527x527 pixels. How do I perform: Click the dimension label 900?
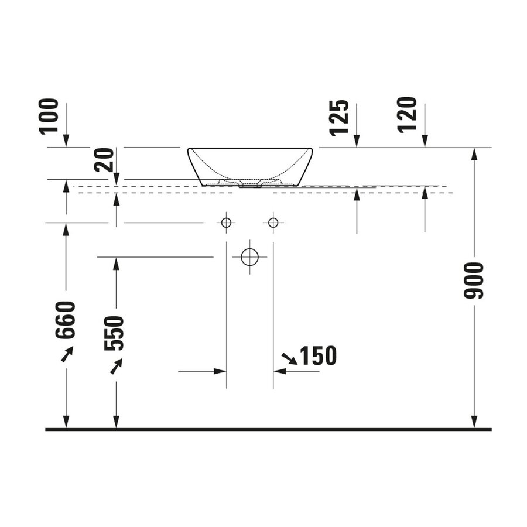pos(474,281)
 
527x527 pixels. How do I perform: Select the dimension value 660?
pos(66,320)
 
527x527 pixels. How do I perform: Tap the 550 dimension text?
pos(115,333)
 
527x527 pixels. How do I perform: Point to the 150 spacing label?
pos(318,355)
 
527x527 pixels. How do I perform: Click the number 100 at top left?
pos(50,116)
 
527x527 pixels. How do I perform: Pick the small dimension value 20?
pos(104,160)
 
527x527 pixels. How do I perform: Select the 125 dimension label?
pos(340,118)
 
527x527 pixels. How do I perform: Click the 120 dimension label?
pos(408,114)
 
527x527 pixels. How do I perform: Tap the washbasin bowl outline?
pos(250,166)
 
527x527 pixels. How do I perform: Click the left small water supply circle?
pos(226,223)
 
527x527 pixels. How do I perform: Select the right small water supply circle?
pos(273,223)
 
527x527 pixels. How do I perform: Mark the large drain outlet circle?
pos(250,256)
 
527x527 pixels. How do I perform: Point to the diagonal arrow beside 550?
pos(117,367)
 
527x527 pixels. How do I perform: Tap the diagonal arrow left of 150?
pos(289,358)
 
